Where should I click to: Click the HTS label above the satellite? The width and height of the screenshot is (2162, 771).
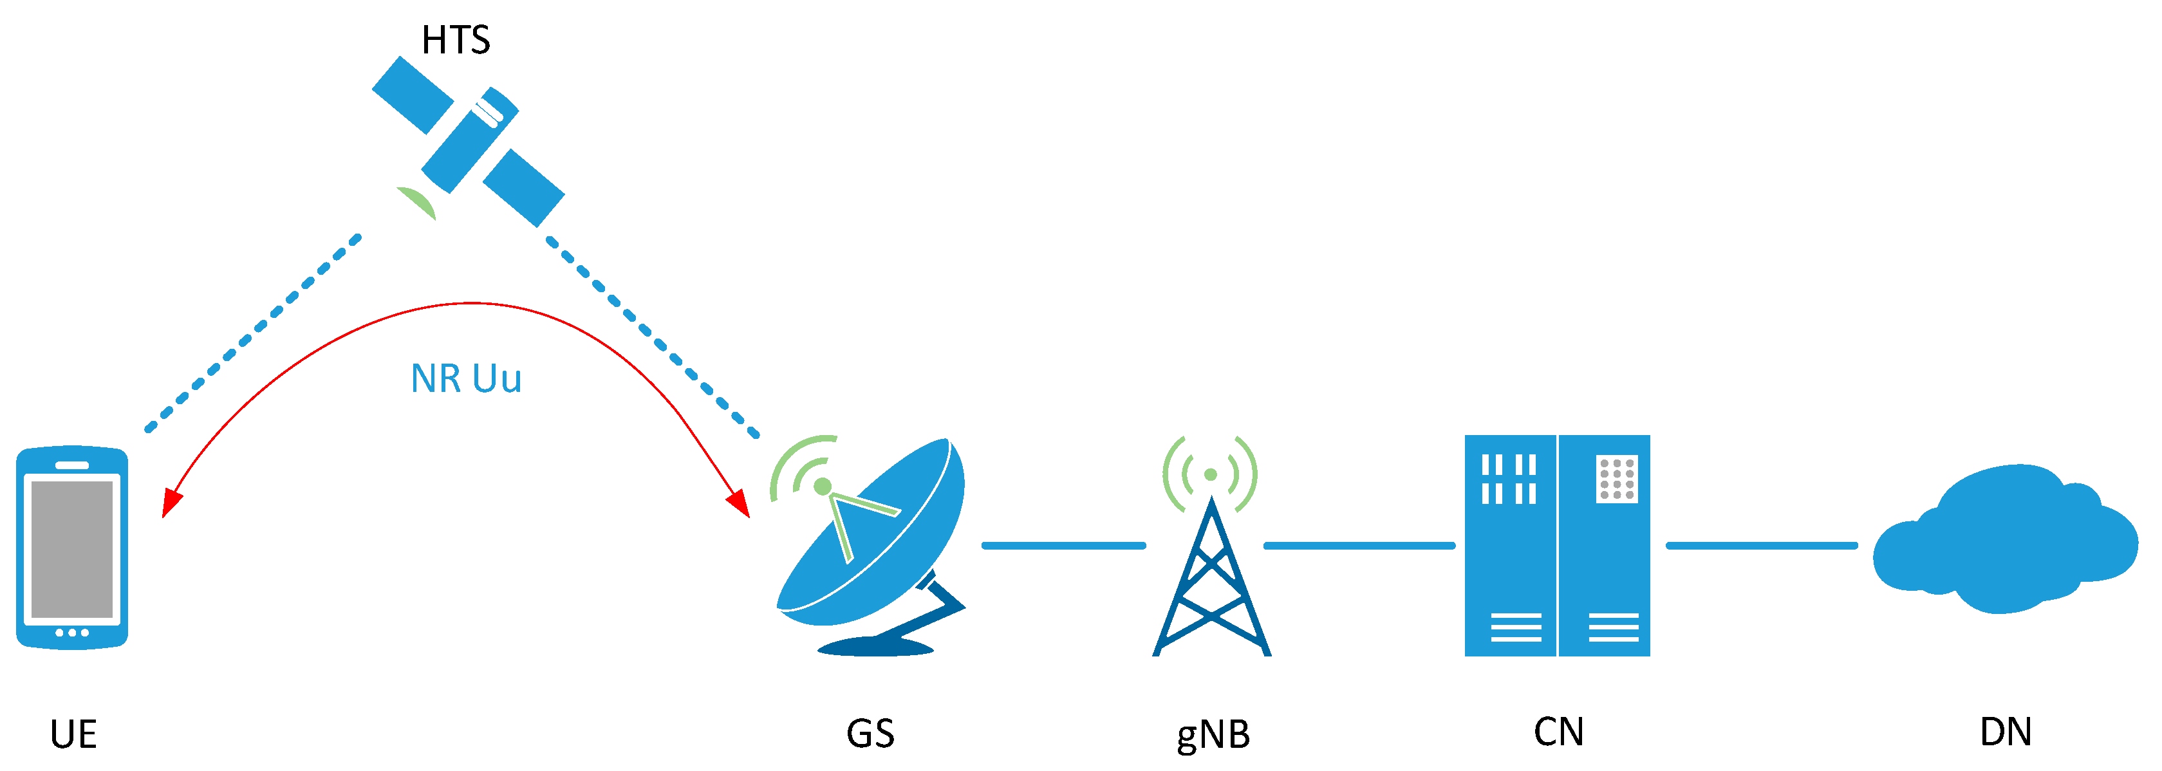456,39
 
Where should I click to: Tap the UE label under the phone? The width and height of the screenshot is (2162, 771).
73,734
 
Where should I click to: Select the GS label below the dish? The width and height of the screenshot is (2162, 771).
870,733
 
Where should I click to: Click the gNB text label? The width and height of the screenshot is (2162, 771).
1213,735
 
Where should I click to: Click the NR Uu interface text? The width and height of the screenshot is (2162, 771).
466,378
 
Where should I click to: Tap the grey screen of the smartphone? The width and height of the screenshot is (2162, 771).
72,549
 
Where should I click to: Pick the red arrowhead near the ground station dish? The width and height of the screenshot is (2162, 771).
738,503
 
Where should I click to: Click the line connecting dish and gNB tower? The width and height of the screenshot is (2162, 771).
1063,545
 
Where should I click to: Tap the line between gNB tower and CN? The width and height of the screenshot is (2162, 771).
1359,545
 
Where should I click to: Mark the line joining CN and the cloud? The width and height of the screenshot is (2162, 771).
1761,545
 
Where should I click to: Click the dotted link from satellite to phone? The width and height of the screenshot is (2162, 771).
252,334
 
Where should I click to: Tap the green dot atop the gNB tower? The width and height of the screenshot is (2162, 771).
1210,475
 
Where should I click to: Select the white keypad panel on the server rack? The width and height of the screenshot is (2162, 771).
1616,479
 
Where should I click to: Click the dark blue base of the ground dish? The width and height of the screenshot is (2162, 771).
875,647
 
